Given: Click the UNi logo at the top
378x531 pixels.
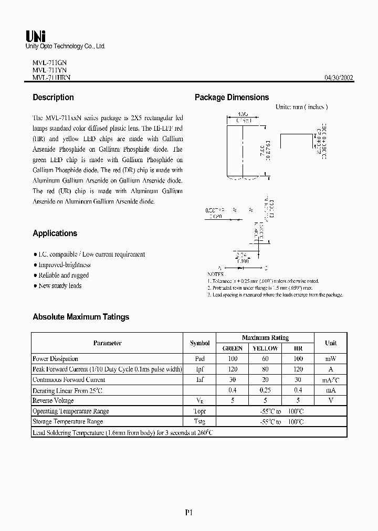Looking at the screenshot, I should coord(36,36).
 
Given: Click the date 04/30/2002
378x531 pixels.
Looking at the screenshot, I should coord(339,77).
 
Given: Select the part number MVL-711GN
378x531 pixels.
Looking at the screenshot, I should coord(46,61).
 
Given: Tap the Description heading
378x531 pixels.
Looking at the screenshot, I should coord(53,98).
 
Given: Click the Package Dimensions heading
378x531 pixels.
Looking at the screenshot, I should coord(232,98).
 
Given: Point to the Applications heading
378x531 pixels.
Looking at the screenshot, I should coord(55,233).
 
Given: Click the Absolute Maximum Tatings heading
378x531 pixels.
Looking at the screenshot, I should coord(81,317).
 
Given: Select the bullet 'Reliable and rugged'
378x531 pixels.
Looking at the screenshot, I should coord(64,275).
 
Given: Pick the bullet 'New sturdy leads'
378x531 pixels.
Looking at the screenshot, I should coord(60,286).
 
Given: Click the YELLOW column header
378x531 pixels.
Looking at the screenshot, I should coord(265,348).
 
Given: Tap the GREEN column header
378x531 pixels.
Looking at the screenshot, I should coord(233,348).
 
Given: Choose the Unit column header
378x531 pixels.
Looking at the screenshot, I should coord(331,343).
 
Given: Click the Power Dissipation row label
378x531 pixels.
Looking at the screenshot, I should coord(55,359).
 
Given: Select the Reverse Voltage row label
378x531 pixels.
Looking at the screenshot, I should coord(53,401).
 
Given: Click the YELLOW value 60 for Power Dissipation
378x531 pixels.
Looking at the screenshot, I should coord(265,359).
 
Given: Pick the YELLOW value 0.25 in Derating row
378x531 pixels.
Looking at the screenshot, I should coord(265,390).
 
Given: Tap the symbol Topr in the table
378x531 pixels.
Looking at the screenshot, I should coord(199,411).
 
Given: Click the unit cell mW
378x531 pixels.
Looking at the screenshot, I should coord(331,359).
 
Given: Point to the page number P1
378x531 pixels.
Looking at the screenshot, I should coord(189,513).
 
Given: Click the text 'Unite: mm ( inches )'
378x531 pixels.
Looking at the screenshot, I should coord(301,107).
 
